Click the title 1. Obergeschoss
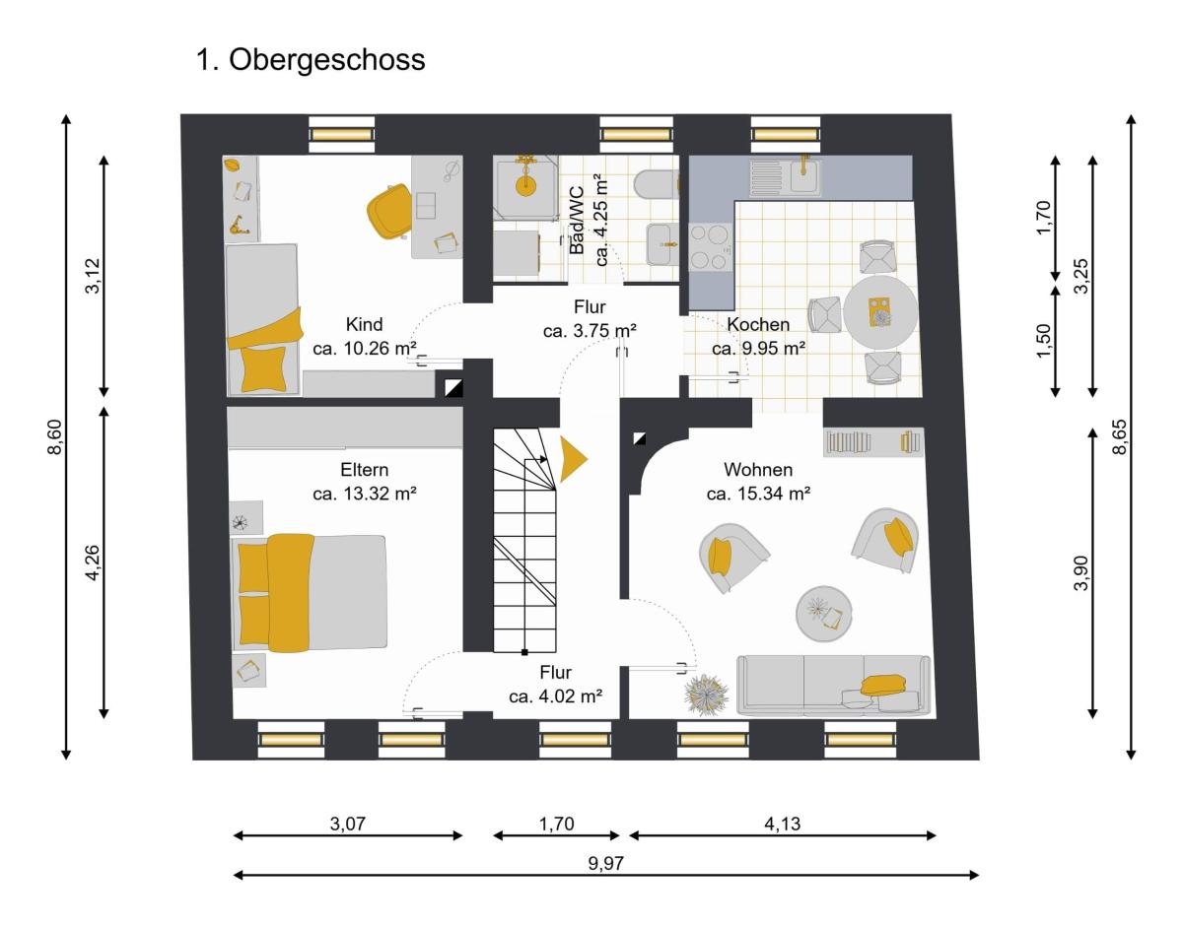pyautogui.click(x=311, y=60)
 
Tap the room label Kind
pyautogui.click(x=364, y=324)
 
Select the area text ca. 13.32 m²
pyautogui.click(x=365, y=494)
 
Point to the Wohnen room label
pyautogui.click(x=758, y=469)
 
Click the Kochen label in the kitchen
pyautogui.click(x=758, y=324)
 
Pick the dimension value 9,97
pyautogui.click(x=606, y=863)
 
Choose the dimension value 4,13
pyautogui.click(x=783, y=824)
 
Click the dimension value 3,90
pyautogui.click(x=1081, y=572)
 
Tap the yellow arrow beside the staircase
pyautogui.click(x=572, y=459)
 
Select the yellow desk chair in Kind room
pyautogui.click(x=389, y=211)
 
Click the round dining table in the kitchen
pyautogui.click(x=880, y=313)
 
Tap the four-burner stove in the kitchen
pyautogui.click(x=711, y=247)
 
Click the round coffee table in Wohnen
pyautogui.click(x=824, y=614)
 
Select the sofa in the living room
pyautogui.click(x=833, y=685)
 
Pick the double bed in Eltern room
pyautogui.click(x=310, y=593)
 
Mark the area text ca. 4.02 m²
pyautogui.click(x=555, y=695)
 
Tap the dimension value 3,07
pyautogui.click(x=347, y=824)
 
